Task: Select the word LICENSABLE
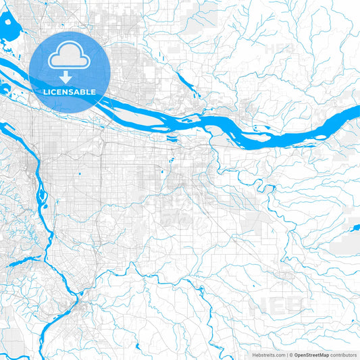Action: click(x=70, y=92)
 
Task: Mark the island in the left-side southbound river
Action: click(x=41, y=196)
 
